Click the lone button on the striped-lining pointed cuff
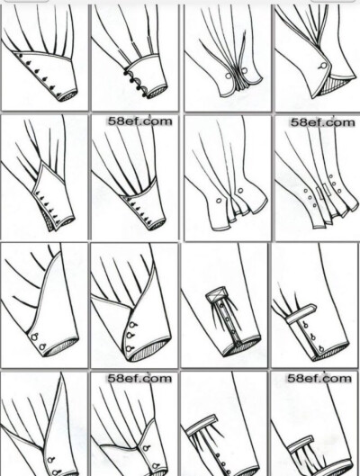[x=324, y=66]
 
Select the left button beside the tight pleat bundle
[x=228, y=76]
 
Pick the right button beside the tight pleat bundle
[x=245, y=71]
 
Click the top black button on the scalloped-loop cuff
[x=126, y=73]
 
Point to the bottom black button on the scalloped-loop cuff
[x=144, y=95]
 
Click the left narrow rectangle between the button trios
[x=319, y=193]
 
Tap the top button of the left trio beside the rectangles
[x=306, y=192]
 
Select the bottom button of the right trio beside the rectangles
[x=338, y=192]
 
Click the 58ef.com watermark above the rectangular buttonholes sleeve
[x=323, y=122]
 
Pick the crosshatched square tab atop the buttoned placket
[x=216, y=294]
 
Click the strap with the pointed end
[x=301, y=314]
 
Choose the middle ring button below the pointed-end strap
[x=312, y=337]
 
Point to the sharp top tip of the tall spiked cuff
[x=62, y=373]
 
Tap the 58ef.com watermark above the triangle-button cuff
[x=139, y=121]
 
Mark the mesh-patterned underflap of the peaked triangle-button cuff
[x=48, y=220]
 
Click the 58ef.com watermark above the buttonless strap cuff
[x=319, y=378]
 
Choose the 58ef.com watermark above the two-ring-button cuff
[x=139, y=378]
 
